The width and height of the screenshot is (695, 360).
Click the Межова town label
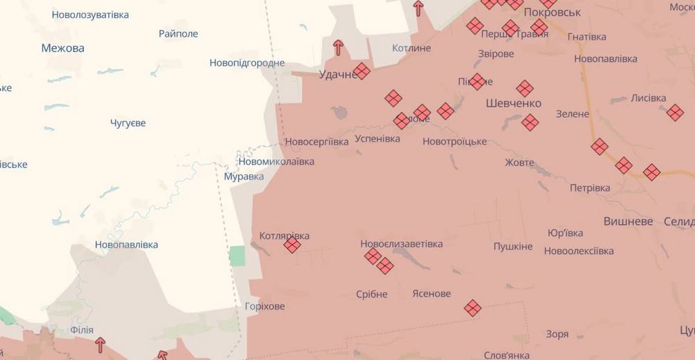[63, 48]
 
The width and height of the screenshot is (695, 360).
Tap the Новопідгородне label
[247, 63]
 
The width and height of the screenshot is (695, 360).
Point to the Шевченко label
[513, 104]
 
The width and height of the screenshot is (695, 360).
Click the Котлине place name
[411, 48]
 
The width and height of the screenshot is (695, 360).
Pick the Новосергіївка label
[317, 142]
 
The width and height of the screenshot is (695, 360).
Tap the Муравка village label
[244, 177]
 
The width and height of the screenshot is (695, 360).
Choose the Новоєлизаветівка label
[401, 244]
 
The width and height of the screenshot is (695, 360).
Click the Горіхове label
[265, 306]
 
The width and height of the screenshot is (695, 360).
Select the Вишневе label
[628, 221]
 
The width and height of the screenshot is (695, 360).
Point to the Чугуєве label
[128, 123]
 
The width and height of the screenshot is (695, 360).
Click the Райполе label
[178, 33]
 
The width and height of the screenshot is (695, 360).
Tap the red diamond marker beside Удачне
[361, 72]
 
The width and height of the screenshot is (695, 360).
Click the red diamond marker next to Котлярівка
[293, 245]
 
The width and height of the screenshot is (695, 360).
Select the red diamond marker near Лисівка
[675, 113]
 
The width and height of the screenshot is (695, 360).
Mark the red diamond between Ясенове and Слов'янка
[473, 308]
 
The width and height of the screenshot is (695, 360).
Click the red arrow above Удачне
[338, 47]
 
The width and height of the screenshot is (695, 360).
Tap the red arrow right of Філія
[100, 344]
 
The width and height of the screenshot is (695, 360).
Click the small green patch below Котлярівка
[237, 256]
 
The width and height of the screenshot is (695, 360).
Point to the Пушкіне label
[513, 247]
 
